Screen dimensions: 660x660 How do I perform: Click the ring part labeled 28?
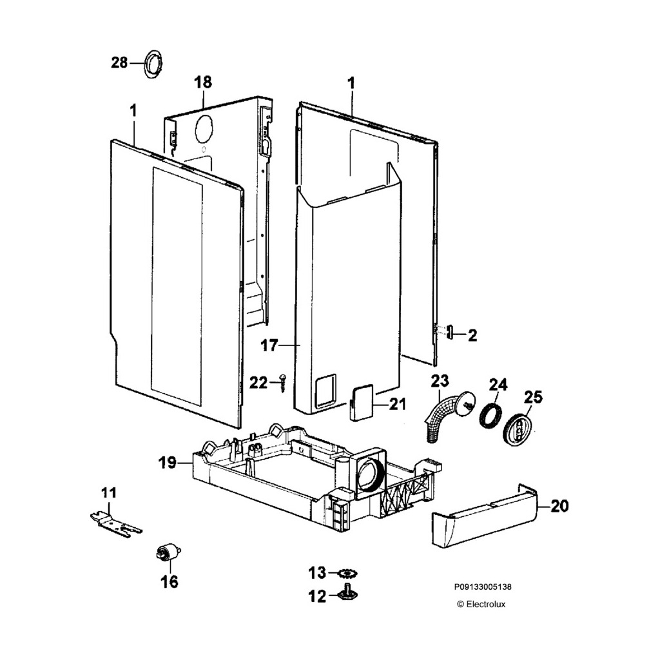(153, 63)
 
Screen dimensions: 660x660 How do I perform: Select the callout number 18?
(203, 82)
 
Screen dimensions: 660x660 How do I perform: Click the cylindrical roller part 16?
(168, 553)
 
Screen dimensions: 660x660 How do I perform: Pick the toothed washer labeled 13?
(348, 573)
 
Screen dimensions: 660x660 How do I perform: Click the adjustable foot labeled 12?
(349, 592)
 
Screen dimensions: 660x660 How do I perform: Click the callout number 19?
(168, 462)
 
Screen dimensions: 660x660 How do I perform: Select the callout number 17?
(269, 345)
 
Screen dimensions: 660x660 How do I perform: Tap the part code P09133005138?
(483, 587)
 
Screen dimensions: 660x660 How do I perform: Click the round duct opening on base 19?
(369, 476)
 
